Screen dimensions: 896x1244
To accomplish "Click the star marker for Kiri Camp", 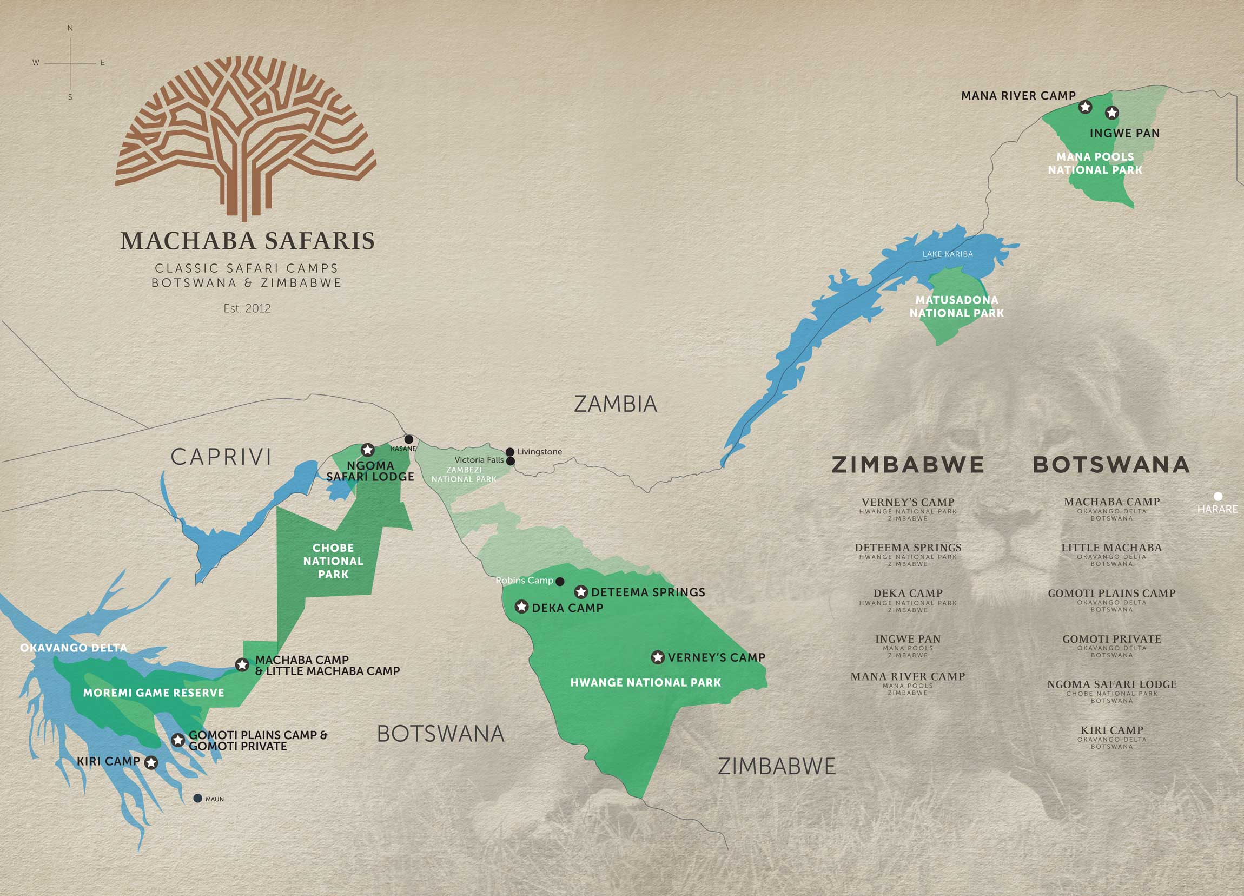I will [x=151, y=762].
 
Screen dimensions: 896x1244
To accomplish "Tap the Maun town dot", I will [x=198, y=798].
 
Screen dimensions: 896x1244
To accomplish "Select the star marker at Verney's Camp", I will [x=658, y=657].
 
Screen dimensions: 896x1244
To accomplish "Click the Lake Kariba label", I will [x=947, y=254].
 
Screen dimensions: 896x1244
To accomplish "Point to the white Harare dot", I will [x=1217, y=496].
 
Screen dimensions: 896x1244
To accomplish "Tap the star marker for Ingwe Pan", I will [x=1112, y=113].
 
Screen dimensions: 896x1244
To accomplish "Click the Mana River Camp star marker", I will [x=1085, y=107].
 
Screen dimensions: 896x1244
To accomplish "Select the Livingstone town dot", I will [x=509, y=452].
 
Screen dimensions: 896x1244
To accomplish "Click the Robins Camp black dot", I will [x=560, y=582].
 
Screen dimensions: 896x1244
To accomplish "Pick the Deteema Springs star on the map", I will [x=581, y=592].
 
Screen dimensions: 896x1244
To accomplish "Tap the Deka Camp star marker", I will [x=521, y=607].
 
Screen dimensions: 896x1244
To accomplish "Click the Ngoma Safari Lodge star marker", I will [x=367, y=450].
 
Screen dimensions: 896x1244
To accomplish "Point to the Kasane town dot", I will [x=409, y=439].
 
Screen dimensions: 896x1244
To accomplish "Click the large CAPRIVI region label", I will [x=221, y=457].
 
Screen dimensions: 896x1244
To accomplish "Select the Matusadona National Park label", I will [x=957, y=306].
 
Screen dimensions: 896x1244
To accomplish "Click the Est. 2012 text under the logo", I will [x=247, y=308].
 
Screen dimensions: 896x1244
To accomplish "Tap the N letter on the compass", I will [x=70, y=28].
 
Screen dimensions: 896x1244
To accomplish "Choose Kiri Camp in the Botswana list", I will [x=1112, y=730].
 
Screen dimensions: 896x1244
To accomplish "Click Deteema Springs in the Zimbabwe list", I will [x=908, y=548].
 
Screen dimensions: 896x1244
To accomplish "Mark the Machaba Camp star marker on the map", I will [x=242, y=664].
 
